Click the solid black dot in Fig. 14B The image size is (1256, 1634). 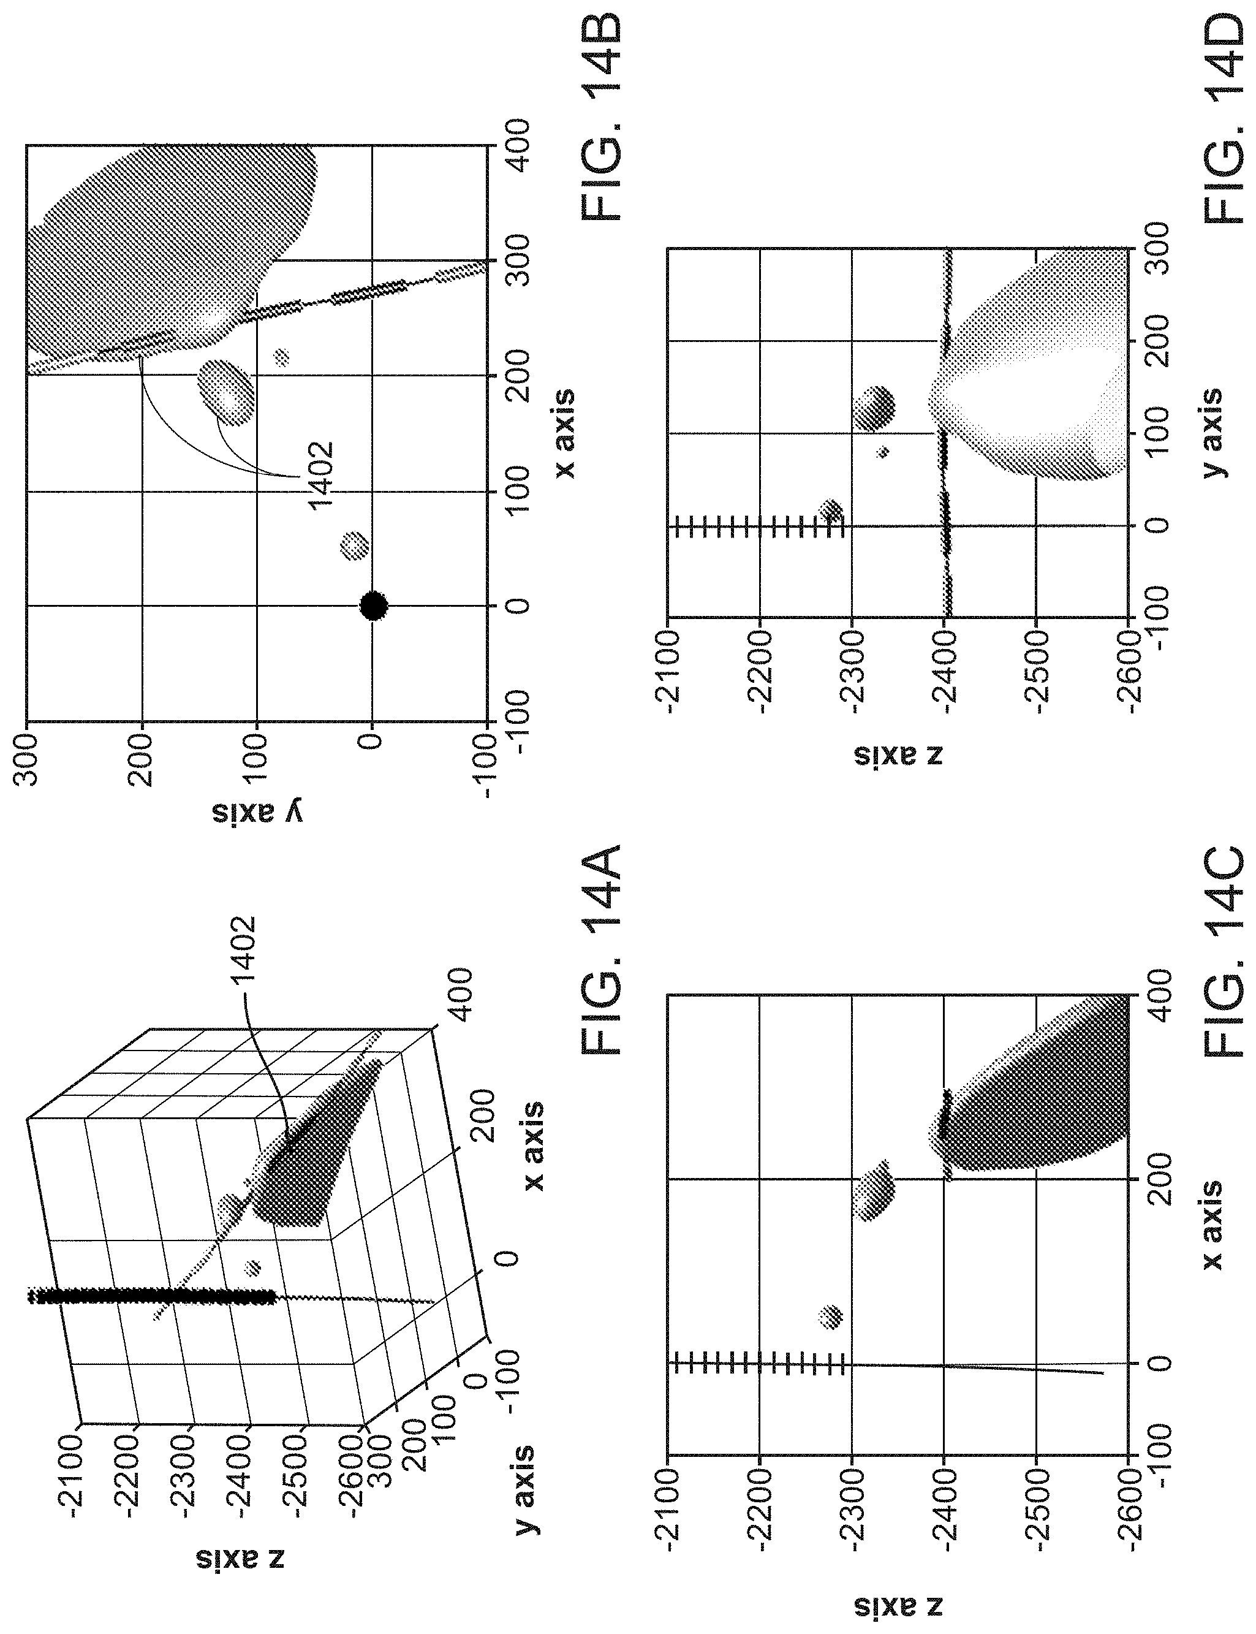(374, 606)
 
